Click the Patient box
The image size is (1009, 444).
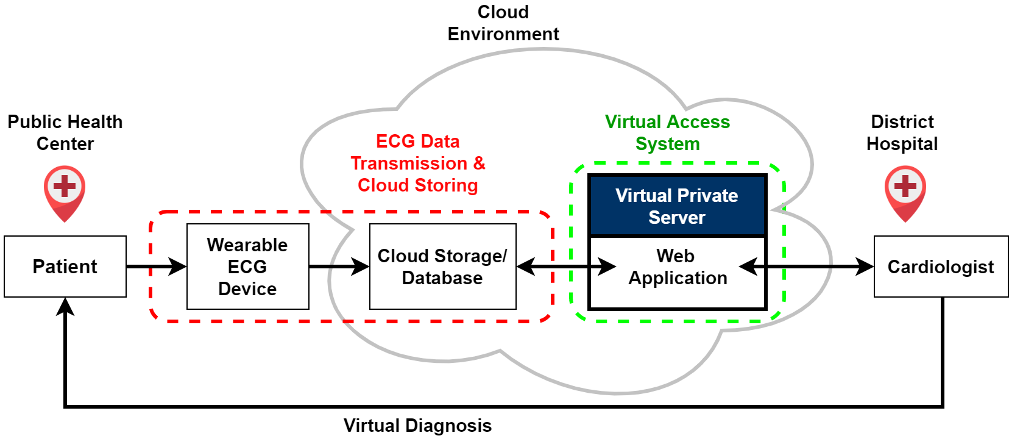click(x=65, y=267)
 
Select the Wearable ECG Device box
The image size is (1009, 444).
click(x=247, y=267)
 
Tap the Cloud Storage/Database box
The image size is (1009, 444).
click(x=442, y=267)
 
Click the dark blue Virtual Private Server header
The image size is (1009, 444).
click(x=677, y=206)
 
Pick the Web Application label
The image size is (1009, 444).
click(x=677, y=267)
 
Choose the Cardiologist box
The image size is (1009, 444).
click(x=940, y=267)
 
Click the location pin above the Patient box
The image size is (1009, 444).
click(x=65, y=192)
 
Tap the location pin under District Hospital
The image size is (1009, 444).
click(x=905, y=192)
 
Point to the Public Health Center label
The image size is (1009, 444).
click(x=65, y=132)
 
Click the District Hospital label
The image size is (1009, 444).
click(x=902, y=132)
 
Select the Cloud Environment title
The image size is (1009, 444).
click(x=503, y=23)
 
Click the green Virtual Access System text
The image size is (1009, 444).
click(x=667, y=132)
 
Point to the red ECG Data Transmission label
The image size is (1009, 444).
click(x=418, y=163)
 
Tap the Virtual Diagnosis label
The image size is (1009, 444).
click(x=417, y=425)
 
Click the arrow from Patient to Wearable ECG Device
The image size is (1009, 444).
click(x=156, y=267)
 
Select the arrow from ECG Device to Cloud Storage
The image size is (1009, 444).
click(x=339, y=267)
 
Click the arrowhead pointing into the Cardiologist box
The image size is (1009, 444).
click(x=865, y=267)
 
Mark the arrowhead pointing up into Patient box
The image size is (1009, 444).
click(x=65, y=306)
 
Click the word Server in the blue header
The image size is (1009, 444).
click(x=677, y=218)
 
